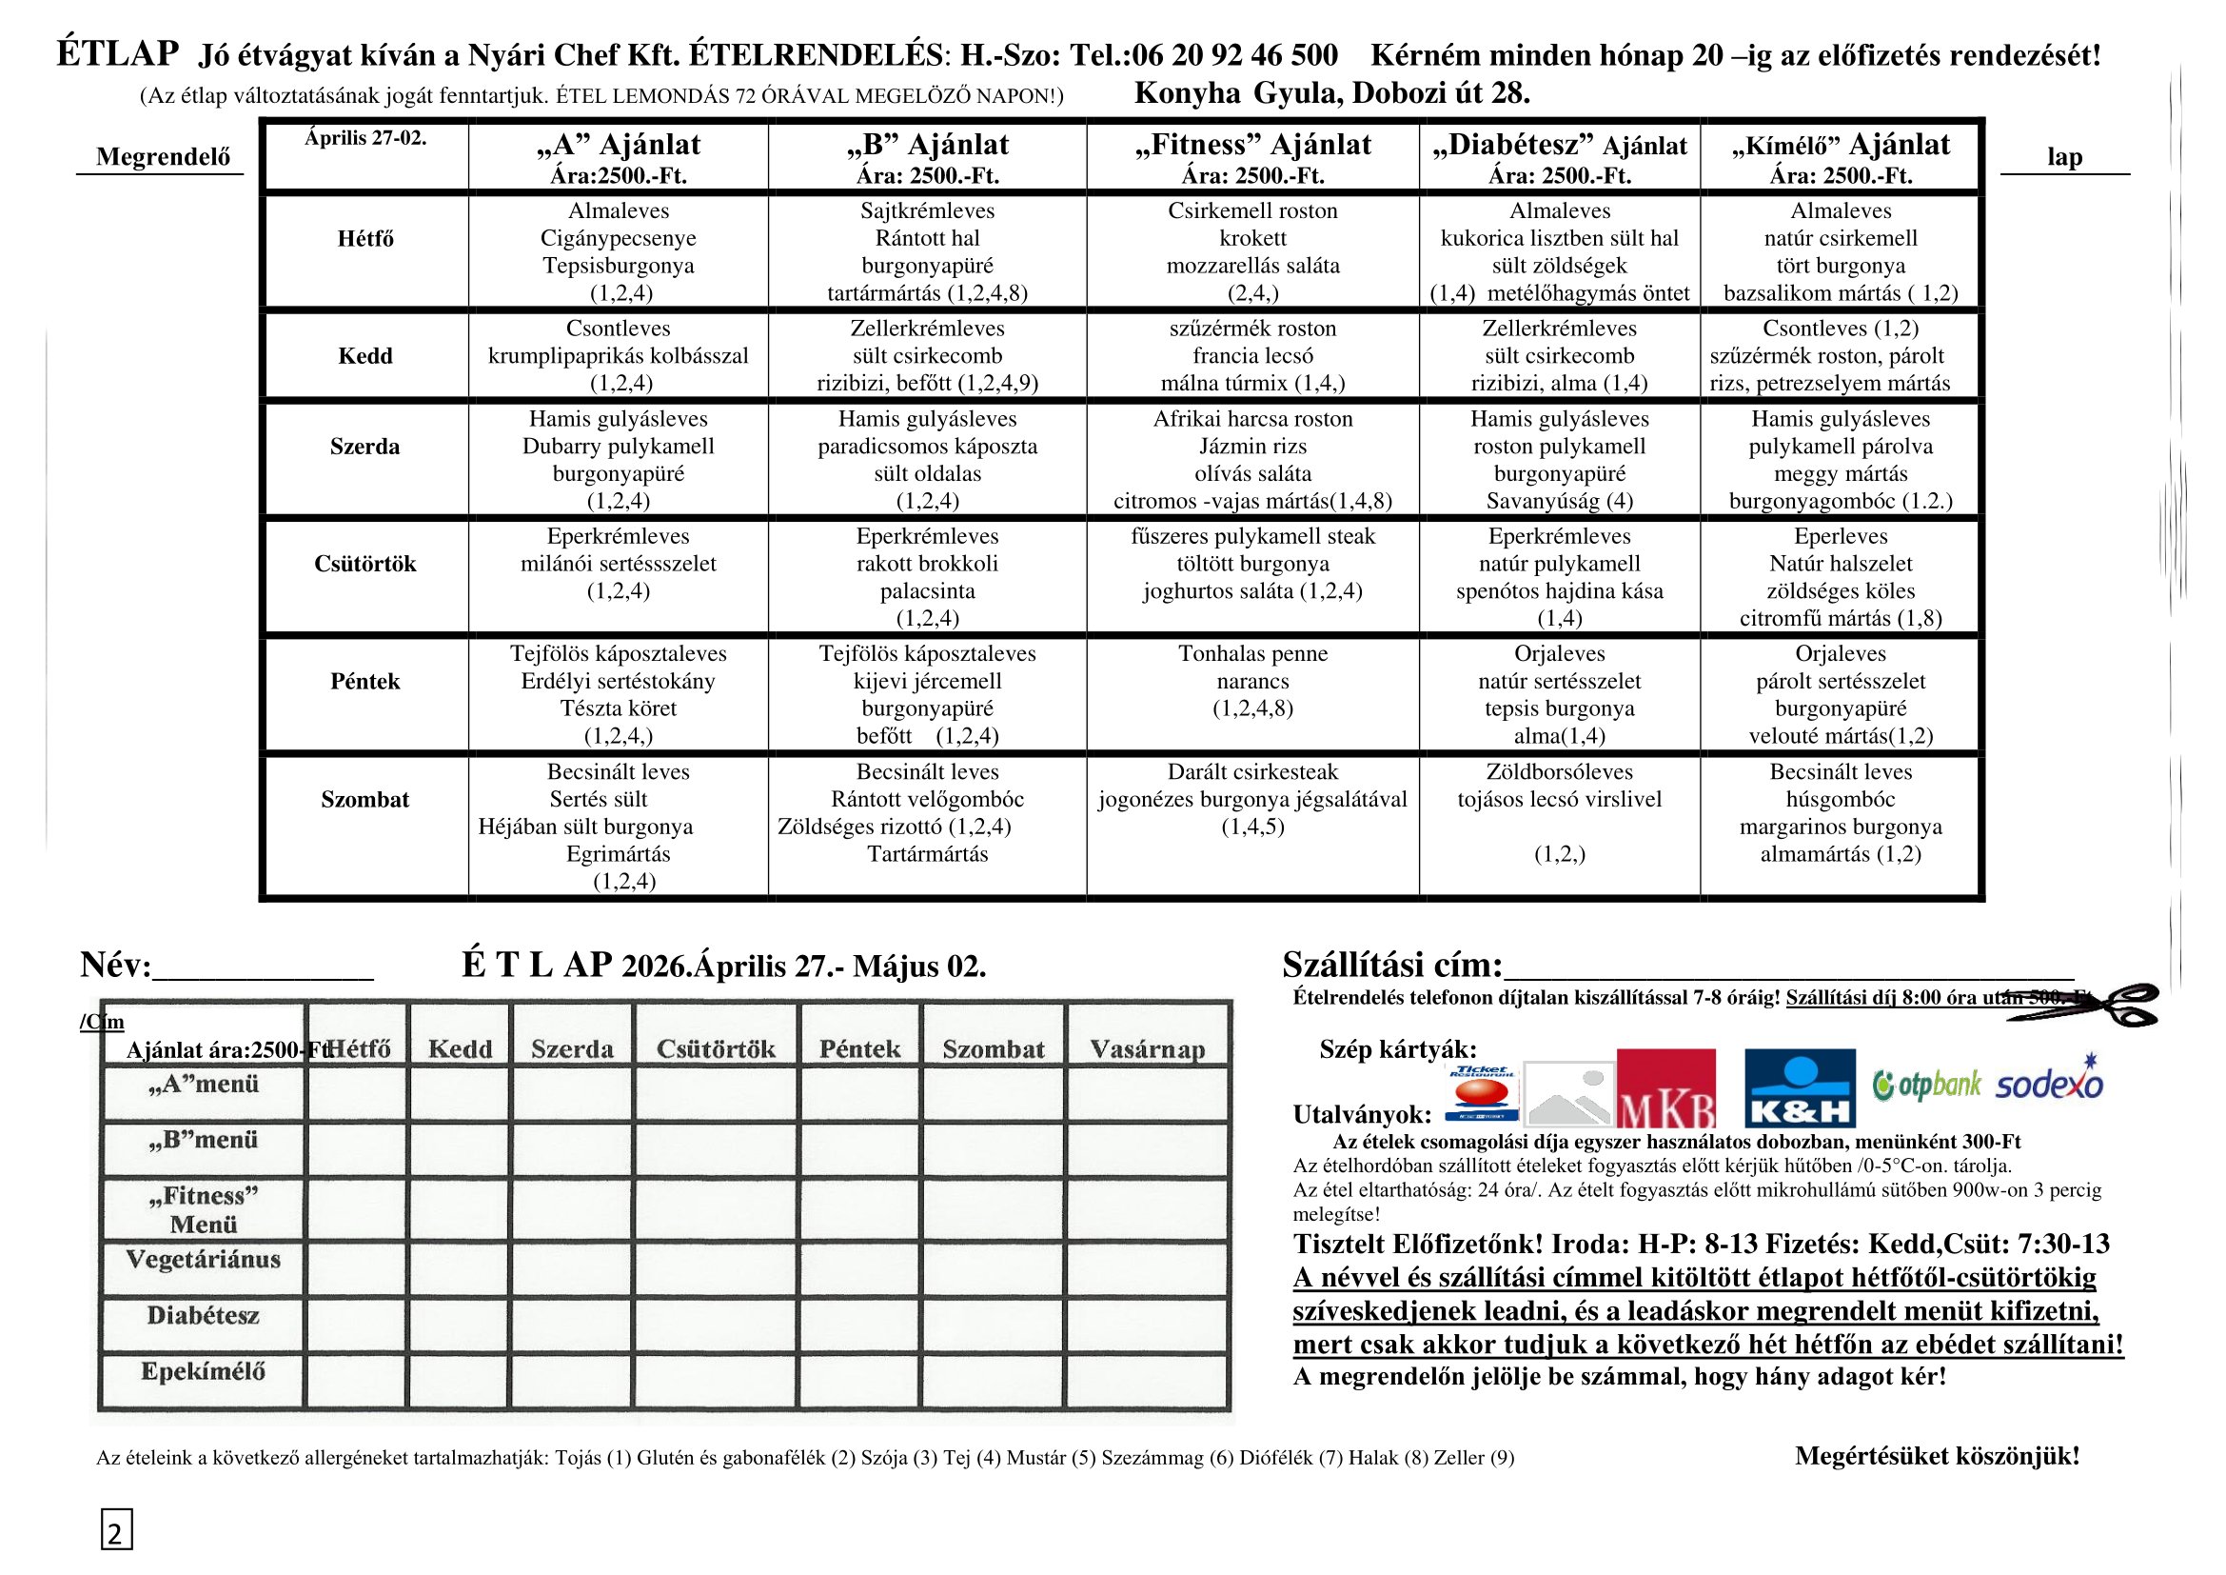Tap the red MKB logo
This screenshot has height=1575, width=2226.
coord(1665,1088)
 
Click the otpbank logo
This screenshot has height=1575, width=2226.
coord(1926,1085)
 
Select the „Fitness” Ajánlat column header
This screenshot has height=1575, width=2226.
coord(1252,146)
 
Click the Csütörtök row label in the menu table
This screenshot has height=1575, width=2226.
coord(364,564)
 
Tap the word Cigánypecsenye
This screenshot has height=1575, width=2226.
coord(618,238)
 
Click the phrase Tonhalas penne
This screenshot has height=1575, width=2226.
coord(1252,653)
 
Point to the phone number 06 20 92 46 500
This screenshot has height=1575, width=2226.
coord(1234,54)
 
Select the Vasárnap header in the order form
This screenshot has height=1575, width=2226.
coord(1147,1049)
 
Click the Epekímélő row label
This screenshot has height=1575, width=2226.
coord(203,1371)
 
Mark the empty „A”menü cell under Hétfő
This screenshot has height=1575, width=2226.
coord(358,1093)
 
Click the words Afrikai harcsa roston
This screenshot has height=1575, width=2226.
coord(1252,419)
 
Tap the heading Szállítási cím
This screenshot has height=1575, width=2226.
coord(1391,965)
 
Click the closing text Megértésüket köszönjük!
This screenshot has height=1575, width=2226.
coord(1937,1456)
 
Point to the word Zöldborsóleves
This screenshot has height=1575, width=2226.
coord(1559,772)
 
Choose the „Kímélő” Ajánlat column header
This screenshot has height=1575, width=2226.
coord(1841,146)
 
